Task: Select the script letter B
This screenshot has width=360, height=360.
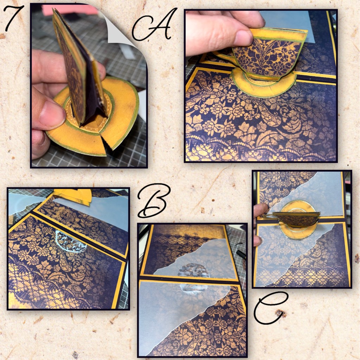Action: pos(153,200)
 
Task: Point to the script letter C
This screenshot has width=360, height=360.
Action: pos(271,308)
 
